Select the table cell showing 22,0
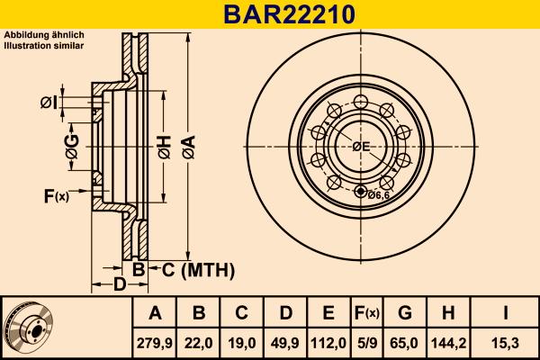click(x=200, y=342)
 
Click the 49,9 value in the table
click(x=285, y=342)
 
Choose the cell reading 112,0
click(x=328, y=342)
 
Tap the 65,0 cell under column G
click(x=405, y=342)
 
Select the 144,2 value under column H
click(x=447, y=342)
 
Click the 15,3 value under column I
click(x=505, y=342)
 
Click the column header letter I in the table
click(x=505, y=313)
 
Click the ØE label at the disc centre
click(x=361, y=147)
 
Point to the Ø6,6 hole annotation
click(x=378, y=193)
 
